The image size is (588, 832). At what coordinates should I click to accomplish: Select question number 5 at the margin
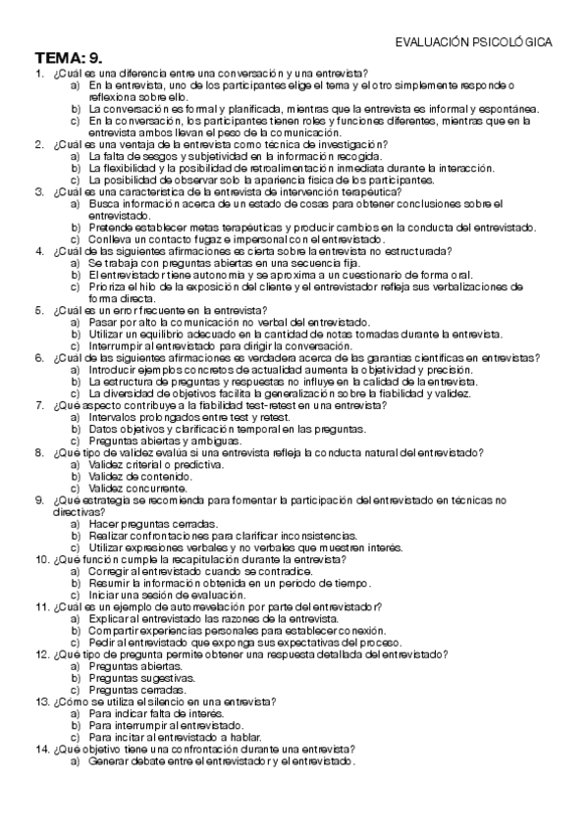coord(39,309)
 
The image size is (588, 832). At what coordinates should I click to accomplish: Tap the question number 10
coord(41,559)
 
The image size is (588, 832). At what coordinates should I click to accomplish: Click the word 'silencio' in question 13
coord(150,702)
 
